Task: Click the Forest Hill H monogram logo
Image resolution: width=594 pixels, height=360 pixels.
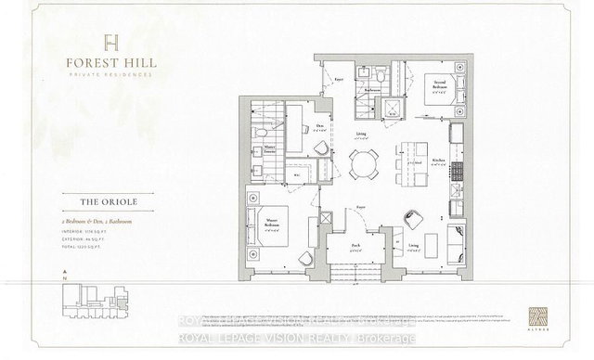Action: pyautogui.click(x=111, y=40)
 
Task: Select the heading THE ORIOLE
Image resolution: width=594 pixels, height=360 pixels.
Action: pyautogui.click(x=109, y=197)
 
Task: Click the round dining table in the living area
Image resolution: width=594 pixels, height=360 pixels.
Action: pyautogui.click(x=364, y=163)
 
